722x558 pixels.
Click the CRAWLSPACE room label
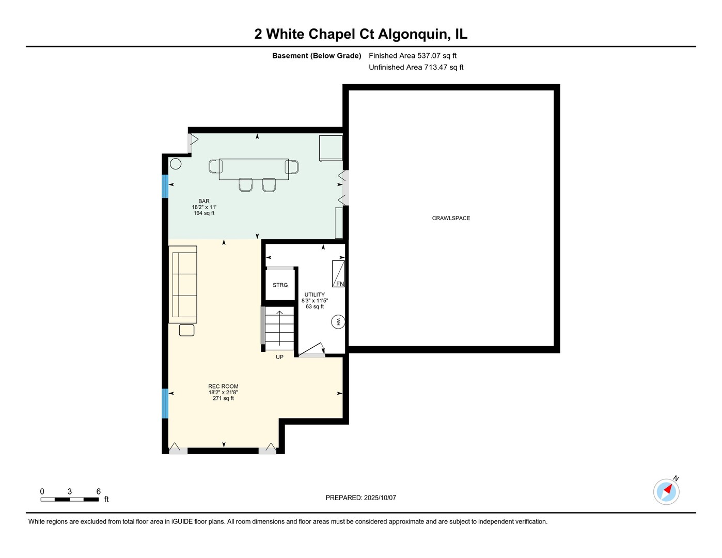tap(451, 218)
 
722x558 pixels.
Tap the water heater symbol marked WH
tap(338, 322)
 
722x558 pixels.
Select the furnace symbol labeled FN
tap(339, 274)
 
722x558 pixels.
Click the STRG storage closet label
tap(280, 285)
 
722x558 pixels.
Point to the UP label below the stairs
tap(279, 357)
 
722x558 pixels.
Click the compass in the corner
tap(666, 491)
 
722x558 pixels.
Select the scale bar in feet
tap(70, 499)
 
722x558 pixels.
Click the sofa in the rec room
tap(183, 285)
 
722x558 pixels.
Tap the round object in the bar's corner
tap(176, 164)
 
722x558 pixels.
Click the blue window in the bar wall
tap(165, 186)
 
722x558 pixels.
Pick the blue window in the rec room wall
tap(165, 404)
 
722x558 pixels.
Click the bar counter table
tap(254, 169)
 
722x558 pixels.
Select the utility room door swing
tap(311, 350)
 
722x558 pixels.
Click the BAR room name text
tap(203, 201)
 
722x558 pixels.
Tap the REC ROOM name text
tap(223, 386)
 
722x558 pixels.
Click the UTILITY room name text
tap(315, 295)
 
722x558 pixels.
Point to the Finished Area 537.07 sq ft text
tap(413, 56)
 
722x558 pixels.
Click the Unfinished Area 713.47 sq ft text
tap(416, 67)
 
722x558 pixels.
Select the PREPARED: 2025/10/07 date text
tap(361, 498)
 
